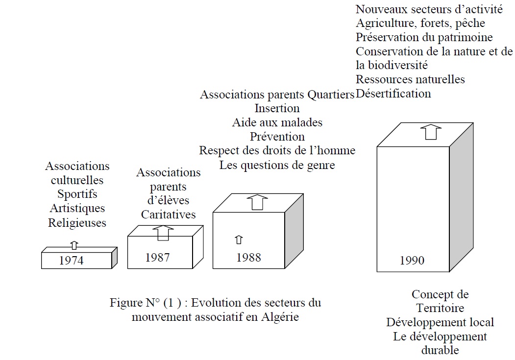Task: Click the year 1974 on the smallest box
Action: click(72, 260)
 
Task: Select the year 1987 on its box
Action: click(157, 257)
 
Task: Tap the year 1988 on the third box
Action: click(248, 257)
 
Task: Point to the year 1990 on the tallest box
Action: click(412, 260)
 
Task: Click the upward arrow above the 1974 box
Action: click(74, 245)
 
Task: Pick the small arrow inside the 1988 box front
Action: click(239, 240)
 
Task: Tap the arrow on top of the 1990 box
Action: click(431, 132)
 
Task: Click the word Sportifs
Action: click(77, 194)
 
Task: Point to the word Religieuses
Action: click(77, 222)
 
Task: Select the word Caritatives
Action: click(168, 214)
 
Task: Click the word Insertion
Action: click(277, 108)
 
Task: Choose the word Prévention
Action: click(277, 136)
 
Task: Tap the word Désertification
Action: click(393, 93)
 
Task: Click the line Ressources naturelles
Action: click(410, 79)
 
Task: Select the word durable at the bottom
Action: click(440, 350)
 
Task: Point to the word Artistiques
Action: click(77, 208)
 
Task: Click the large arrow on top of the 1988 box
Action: click(257, 202)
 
